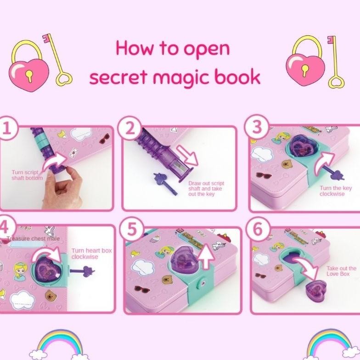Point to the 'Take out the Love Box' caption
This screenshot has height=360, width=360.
click(x=341, y=271)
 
